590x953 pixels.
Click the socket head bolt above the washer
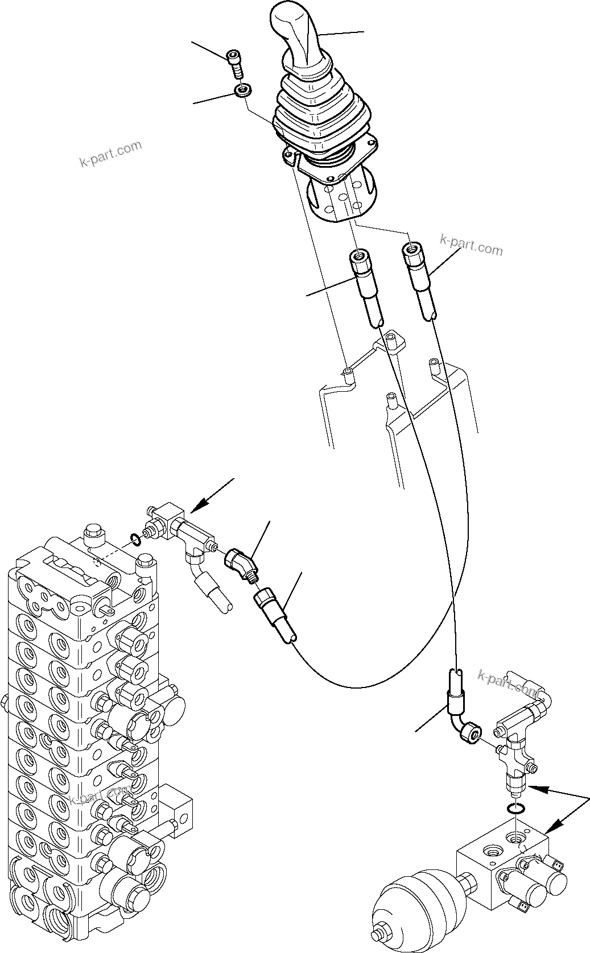(236, 63)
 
